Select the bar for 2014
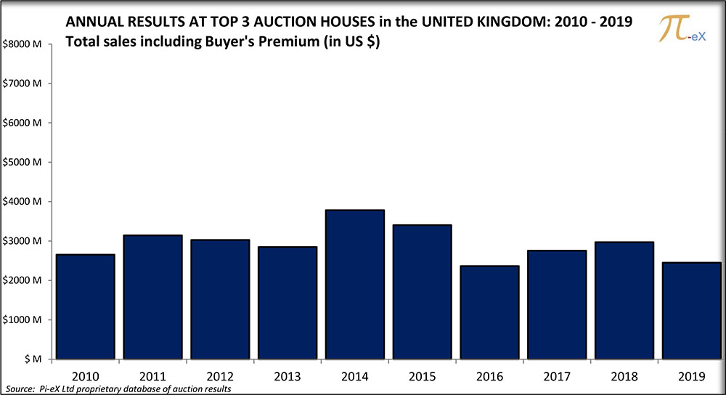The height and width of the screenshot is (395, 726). pyautogui.click(x=354, y=284)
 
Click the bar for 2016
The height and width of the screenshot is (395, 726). pyautogui.click(x=489, y=312)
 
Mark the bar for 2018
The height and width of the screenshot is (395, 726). pyautogui.click(x=558, y=300)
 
